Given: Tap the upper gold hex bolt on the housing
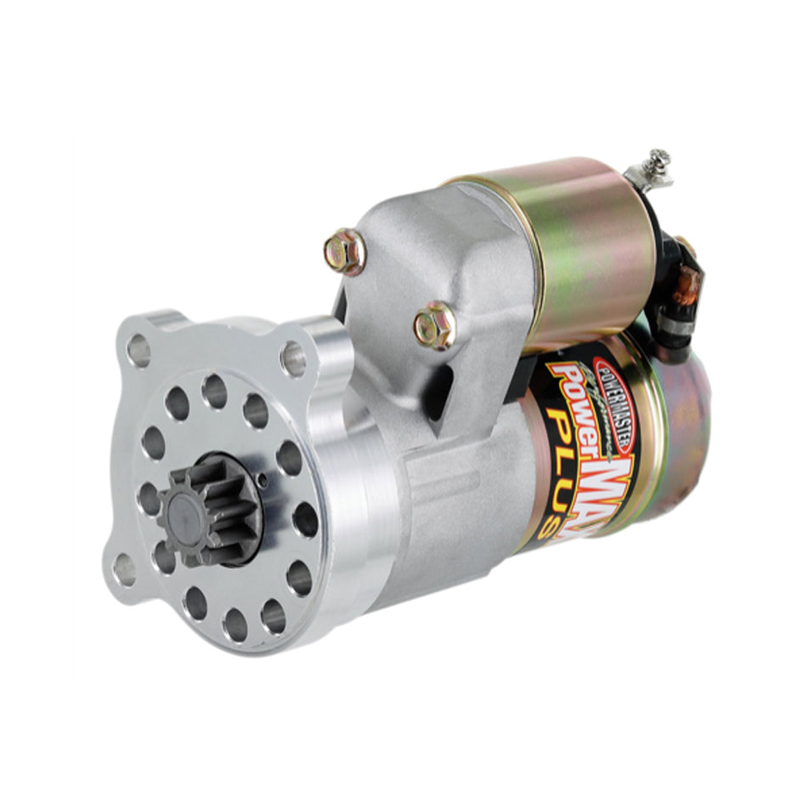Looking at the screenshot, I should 344,251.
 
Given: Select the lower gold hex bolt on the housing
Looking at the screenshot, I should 435,326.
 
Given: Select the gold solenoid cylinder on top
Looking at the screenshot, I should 561,246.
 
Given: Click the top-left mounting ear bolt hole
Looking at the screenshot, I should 138,348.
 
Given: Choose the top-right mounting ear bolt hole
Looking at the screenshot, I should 293,358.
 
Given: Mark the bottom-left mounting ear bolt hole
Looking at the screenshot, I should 124,567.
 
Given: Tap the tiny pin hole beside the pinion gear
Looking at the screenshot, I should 262,481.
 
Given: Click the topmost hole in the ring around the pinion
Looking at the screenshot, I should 215,391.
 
